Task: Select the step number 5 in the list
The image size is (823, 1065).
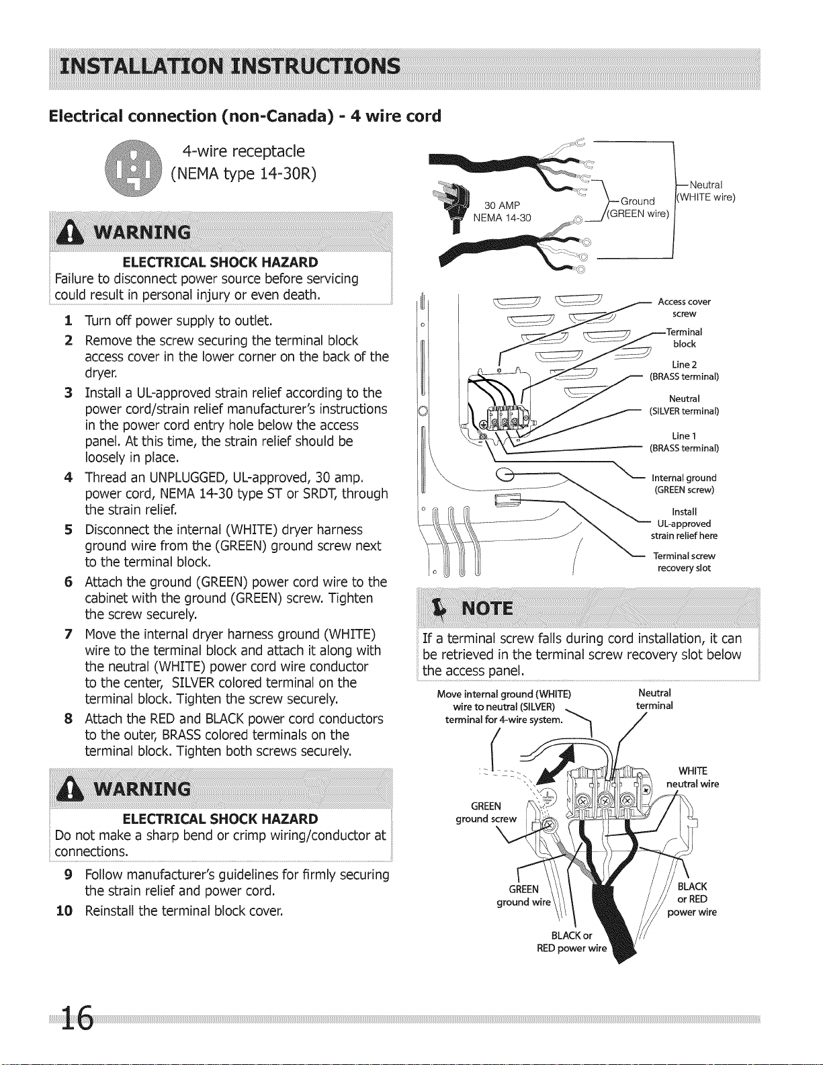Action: coord(69,529)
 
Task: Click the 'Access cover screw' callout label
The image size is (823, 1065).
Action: coord(684,308)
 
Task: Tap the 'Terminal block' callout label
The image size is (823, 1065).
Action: coord(684,338)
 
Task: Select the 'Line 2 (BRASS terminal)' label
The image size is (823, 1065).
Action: coord(684,370)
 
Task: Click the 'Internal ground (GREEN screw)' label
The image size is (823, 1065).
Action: coord(684,484)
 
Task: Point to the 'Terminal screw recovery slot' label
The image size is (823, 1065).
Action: coord(684,562)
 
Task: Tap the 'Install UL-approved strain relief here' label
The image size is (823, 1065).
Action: coord(684,523)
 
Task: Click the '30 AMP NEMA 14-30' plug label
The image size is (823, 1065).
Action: coord(502,212)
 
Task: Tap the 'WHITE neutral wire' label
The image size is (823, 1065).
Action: coord(693,777)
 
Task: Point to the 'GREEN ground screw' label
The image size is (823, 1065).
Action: coord(486,812)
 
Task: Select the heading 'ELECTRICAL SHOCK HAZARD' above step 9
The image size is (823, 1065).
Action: coord(220,818)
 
